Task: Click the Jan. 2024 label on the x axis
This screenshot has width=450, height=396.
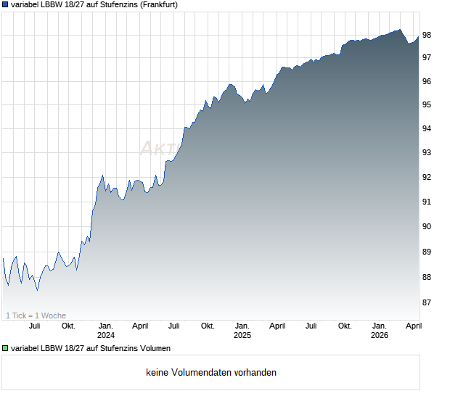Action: pos(106,326)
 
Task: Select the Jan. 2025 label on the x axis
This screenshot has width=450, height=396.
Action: pos(242,326)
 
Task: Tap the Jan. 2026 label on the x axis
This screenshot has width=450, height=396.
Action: pos(379,326)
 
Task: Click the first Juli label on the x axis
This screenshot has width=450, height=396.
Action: pos(34,326)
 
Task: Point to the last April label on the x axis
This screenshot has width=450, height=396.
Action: pos(412,326)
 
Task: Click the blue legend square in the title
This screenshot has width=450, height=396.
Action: pos(6,4)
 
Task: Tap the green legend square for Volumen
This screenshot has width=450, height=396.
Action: pos(6,349)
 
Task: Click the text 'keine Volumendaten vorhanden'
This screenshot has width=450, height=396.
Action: pos(211,373)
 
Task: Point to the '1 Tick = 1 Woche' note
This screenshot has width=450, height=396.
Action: pos(36,315)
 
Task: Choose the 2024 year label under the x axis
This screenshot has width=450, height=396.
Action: pos(106,335)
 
